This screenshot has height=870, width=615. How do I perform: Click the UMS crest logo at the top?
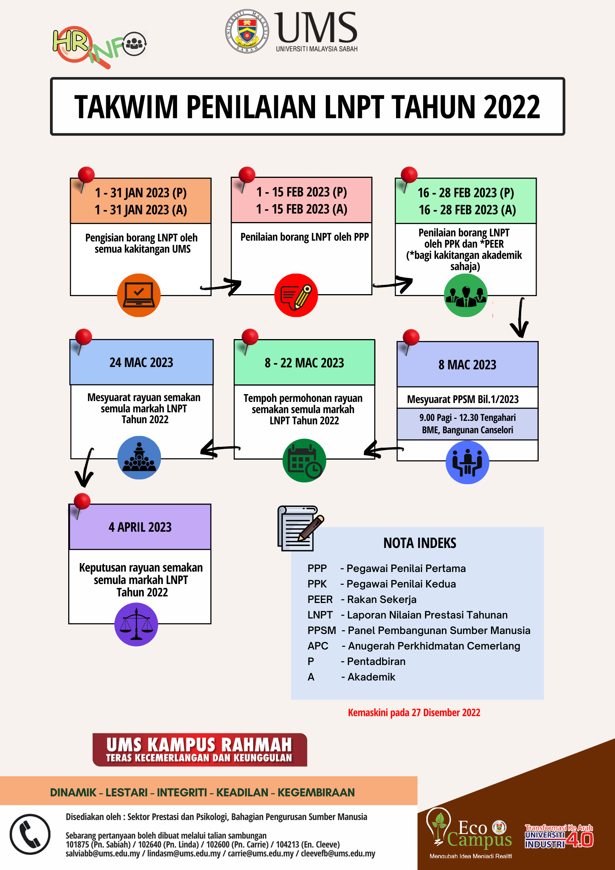[x=247, y=31]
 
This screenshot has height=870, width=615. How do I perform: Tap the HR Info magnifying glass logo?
[x=100, y=47]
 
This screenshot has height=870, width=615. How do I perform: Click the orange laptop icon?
[x=139, y=295]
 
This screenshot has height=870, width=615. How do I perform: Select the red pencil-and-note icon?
[x=296, y=295]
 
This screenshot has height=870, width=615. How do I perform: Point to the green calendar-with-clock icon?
[x=304, y=460]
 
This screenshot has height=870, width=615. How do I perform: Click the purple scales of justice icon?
[x=136, y=624]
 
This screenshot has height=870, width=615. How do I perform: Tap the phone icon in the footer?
[x=30, y=834]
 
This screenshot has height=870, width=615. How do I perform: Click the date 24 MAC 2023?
[x=141, y=362]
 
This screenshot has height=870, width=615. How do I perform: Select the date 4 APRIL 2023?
[x=140, y=527]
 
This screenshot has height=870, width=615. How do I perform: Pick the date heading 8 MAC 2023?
[x=467, y=365]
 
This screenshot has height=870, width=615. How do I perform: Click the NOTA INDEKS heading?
[x=420, y=543]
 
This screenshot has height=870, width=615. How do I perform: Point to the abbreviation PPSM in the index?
[x=322, y=631]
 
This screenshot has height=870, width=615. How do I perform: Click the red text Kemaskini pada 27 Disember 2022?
[x=414, y=712]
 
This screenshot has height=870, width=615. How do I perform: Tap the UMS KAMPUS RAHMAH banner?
[x=200, y=749]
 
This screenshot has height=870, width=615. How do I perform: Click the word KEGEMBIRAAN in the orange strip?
[x=316, y=792]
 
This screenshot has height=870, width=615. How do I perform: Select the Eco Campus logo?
[x=470, y=832]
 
